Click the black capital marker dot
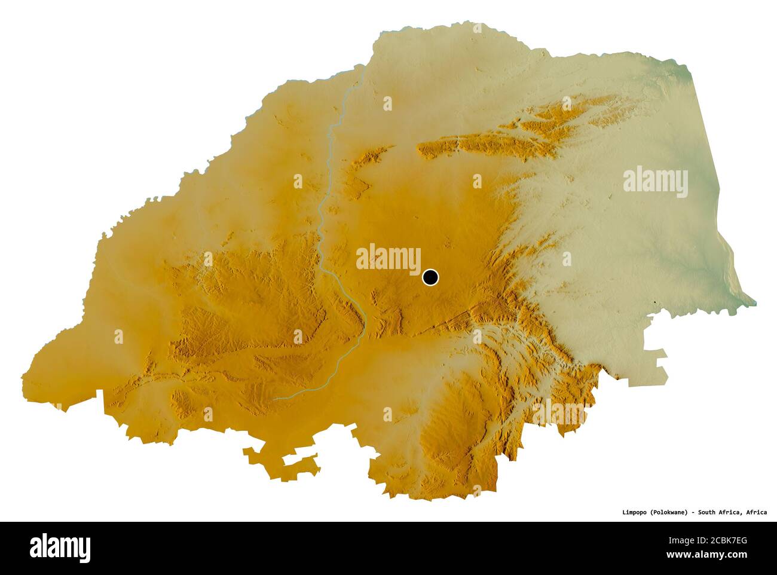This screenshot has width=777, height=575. (x=430, y=277)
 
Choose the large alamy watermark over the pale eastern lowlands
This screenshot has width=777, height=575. (x=655, y=181)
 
